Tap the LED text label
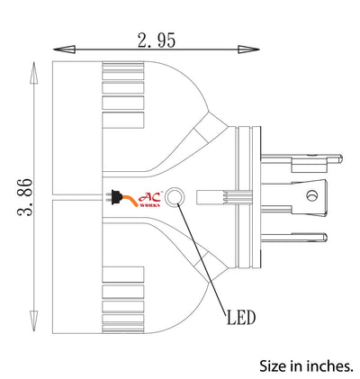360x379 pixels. [241, 318]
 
